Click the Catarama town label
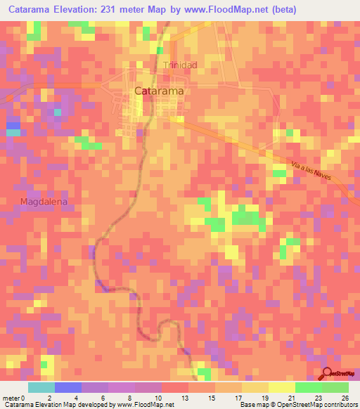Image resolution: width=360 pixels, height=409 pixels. pyautogui.click(x=159, y=91)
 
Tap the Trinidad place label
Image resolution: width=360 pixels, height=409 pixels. pyautogui.click(x=180, y=65)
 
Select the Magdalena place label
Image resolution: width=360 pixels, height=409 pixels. pyautogui.click(x=44, y=202)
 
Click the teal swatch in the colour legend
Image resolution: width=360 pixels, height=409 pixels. pyautogui.click(x=41, y=387)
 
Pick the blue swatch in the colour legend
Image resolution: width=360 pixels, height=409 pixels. pyautogui.click(x=68, y=387)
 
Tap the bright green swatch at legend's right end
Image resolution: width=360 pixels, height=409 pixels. pyautogui.click(x=335, y=387)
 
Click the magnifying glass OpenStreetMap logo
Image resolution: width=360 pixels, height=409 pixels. pyautogui.click(x=328, y=375)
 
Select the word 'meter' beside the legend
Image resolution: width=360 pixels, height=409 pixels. pyautogui.click(x=11, y=398)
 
